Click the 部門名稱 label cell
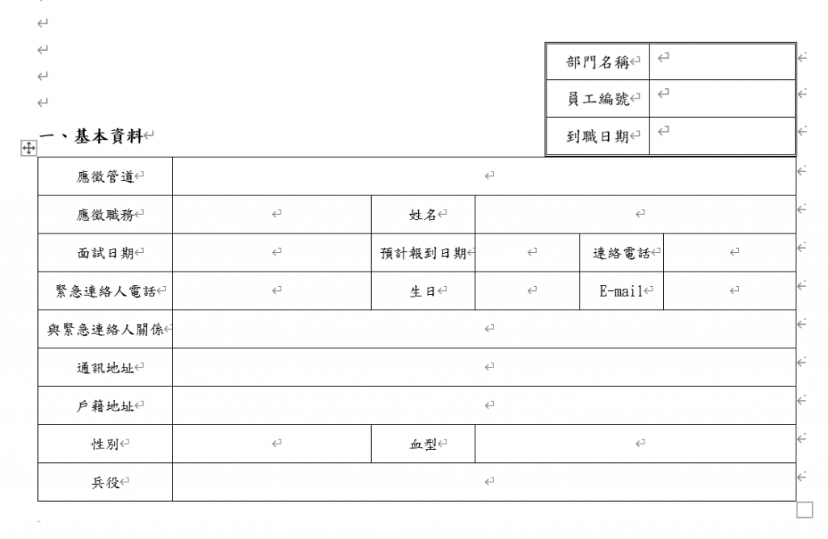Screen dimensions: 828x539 click(x=598, y=62)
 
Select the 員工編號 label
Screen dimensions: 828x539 click(x=598, y=99)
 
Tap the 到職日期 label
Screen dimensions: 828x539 click(x=598, y=137)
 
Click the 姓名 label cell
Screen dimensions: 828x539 click(x=423, y=215)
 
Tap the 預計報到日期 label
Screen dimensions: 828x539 click(x=423, y=253)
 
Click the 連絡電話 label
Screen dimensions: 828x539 click(x=621, y=253)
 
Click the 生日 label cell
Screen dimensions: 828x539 click(x=423, y=292)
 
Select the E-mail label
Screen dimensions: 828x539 click(x=621, y=292)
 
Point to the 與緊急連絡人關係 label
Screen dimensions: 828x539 click(x=105, y=330)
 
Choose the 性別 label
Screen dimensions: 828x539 click(x=105, y=444)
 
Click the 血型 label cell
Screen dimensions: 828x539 click(x=423, y=444)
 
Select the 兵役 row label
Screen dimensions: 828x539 click(x=105, y=482)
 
